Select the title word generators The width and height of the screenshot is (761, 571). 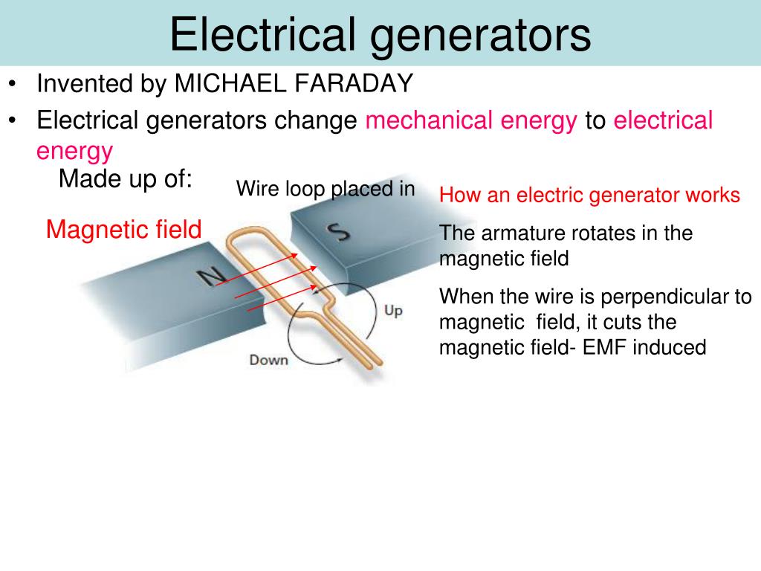(x=482, y=35)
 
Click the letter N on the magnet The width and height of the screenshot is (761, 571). (x=211, y=277)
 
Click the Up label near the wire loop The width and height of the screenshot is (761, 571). (x=393, y=310)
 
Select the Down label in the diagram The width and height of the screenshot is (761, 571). (x=268, y=361)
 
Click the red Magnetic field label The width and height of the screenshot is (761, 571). (x=123, y=230)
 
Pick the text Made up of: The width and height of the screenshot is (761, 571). (x=126, y=179)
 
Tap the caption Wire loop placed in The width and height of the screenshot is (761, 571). (x=326, y=189)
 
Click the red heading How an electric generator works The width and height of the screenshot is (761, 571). (x=589, y=196)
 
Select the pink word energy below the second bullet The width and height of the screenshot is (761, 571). (x=74, y=152)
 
